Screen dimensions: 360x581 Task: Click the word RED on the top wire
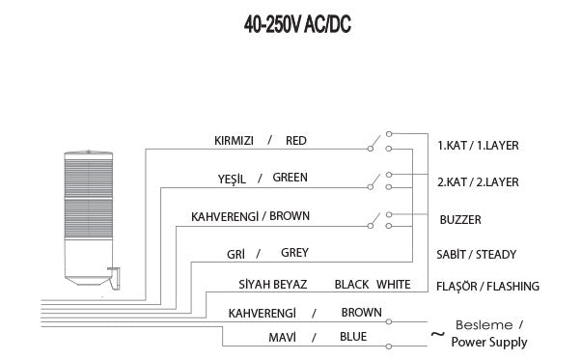(x=296, y=141)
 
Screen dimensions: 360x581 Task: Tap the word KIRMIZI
(x=234, y=141)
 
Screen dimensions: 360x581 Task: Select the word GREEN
(x=290, y=179)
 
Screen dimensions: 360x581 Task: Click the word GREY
(x=294, y=254)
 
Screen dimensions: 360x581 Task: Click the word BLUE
(x=353, y=338)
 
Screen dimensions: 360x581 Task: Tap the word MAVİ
(x=282, y=338)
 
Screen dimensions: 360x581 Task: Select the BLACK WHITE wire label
(x=373, y=286)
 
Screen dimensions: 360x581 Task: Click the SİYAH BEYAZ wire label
(x=273, y=286)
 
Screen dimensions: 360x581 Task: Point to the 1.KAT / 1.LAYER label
(x=478, y=146)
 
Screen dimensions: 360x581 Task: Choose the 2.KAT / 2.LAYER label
(x=478, y=182)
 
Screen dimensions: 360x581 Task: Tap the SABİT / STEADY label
(x=477, y=255)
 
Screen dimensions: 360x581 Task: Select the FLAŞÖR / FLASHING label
(x=487, y=287)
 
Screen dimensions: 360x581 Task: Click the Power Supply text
(x=489, y=343)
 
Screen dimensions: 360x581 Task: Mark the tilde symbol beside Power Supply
(x=437, y=336)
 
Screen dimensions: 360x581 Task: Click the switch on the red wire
(x=375, y=145)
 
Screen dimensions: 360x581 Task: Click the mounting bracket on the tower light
(x=115, y=278)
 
